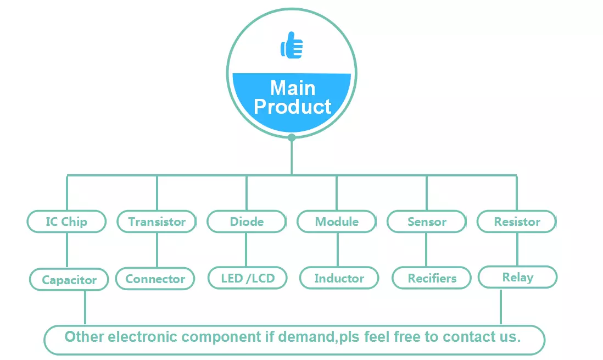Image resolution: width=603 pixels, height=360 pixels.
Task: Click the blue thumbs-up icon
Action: [x=292, y=46]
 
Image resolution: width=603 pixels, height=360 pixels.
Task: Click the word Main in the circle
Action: [x=293, y=88]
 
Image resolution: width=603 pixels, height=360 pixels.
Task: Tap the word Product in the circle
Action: [x=292, y=107]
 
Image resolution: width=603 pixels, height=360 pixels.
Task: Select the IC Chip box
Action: [x=66, y=222]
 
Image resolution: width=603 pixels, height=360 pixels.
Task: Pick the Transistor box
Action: [x=157, y=222]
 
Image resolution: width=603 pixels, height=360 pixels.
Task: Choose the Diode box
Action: [x=247, y=222]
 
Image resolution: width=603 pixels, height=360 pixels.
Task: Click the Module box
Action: [x=337, y=222]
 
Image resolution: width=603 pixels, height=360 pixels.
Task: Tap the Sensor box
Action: [x=427, y=222]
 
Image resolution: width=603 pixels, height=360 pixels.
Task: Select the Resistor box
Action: [x=516, y=222]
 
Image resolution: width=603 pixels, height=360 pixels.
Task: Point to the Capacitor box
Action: [x=69, y=280]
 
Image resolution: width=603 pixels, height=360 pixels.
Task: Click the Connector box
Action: [x=155, y=279]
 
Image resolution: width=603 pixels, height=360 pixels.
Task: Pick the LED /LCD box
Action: [x=248, y=278]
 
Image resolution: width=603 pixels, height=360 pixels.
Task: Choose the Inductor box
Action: [x=339, y=278]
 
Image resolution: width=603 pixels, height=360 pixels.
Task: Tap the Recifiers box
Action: [x=432, y=278]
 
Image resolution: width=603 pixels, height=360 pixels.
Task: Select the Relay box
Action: [x=518, y=277]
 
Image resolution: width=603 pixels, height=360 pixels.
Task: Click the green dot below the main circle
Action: [x=292, y=137]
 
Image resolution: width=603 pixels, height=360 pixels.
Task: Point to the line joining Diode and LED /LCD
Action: [x=246, y=250]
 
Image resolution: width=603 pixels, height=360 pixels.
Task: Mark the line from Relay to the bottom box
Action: [x=501, y=307]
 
